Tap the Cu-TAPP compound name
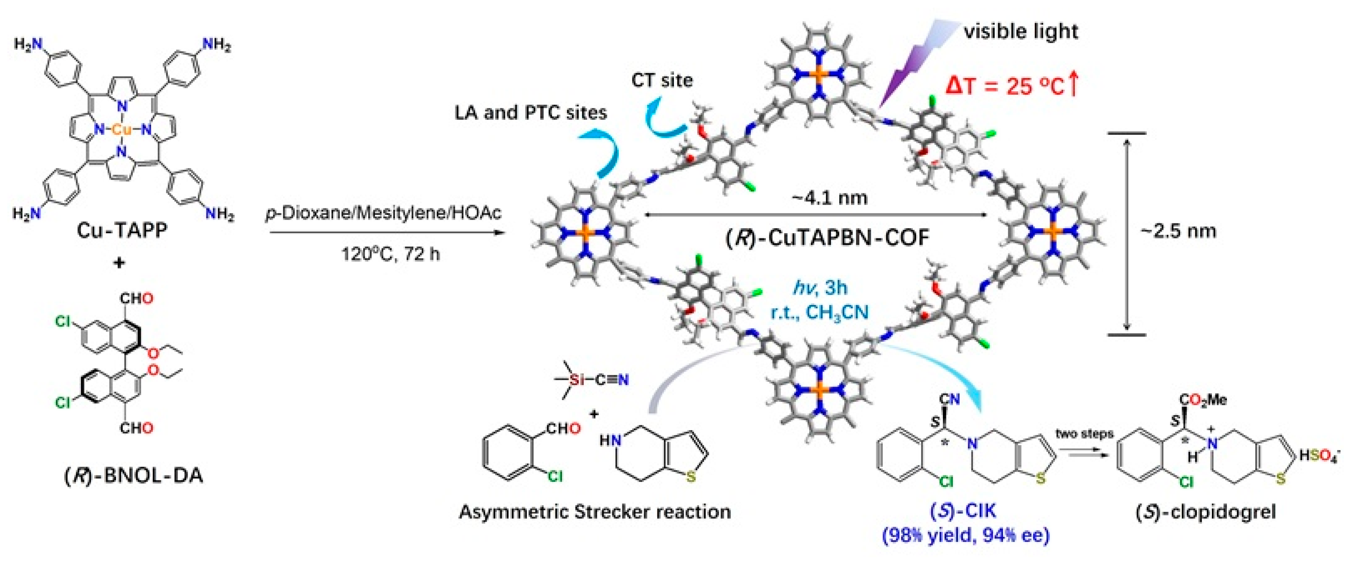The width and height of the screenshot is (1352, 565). [122, 230]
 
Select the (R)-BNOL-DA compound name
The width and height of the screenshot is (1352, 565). [133, 475]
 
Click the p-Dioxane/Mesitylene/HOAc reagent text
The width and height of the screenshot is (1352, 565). [383, 213]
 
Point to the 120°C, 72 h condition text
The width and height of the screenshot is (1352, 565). [390, 254]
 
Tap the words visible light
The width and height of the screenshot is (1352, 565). [1021, 31]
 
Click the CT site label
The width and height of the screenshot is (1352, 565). [662, 80]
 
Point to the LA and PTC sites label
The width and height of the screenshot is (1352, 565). [531, 112]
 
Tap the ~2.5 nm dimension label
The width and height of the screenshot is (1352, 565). [1178, 231]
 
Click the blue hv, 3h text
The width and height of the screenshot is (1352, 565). [820, 288]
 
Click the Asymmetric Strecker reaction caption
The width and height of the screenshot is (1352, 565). [595, 511]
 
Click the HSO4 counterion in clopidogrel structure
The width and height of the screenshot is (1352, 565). [1318, 456]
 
